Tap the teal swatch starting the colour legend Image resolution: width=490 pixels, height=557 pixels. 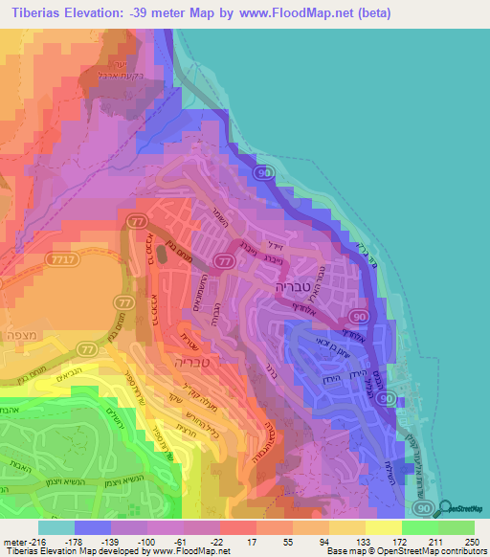(x=56, y=527)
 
